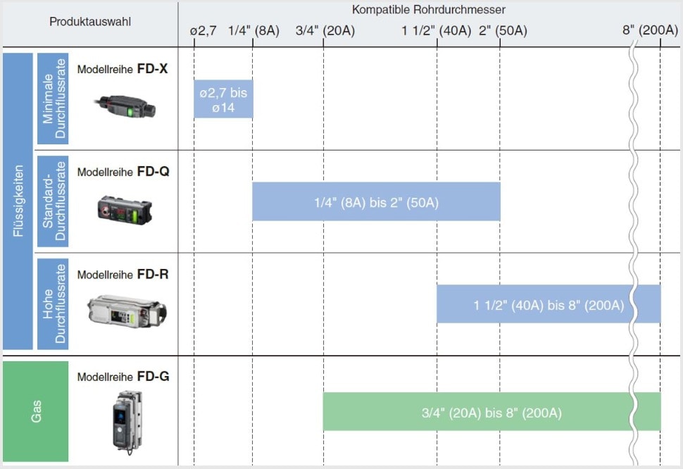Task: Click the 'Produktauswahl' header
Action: click(x=89, y=22)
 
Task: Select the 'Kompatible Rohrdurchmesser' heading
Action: click(x=429, y=10)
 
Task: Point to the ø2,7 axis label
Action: click(x=203, y=31)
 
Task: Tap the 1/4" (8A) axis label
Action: click(x=253, y=31)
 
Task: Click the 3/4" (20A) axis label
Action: click(x=325, y=31)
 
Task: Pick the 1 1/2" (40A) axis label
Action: click(x=437, y=31)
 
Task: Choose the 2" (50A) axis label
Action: click(x=503, y=31)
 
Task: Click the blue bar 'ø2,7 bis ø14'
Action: click(x=223, y=99)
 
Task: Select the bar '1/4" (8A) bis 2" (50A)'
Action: click(x=376, y=201)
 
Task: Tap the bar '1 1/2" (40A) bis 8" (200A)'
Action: click(x=549, y=304)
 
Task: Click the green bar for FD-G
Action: click(x=491, y=411)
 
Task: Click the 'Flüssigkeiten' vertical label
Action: click(x=18, y=201)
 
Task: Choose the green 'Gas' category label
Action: click(x=36, y=411)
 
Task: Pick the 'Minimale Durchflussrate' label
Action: click(x=53, y=99)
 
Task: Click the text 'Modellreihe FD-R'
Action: click(x=123, y=275)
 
